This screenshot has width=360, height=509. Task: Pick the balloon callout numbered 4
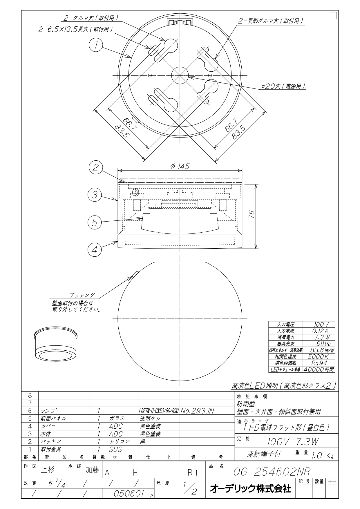coord(95,249)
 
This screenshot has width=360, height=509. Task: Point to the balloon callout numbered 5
coord(95,222)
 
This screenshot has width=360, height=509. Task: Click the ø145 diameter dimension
coord(180,166)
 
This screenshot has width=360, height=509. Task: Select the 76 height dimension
coord(252,215)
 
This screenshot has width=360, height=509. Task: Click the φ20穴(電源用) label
coord(283,86)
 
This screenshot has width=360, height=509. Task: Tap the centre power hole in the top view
coord(180,75)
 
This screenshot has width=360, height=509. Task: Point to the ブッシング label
coord(82,295)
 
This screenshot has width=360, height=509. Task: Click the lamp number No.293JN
coord(197,411)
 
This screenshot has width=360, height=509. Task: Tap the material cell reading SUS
coord(115,449)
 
